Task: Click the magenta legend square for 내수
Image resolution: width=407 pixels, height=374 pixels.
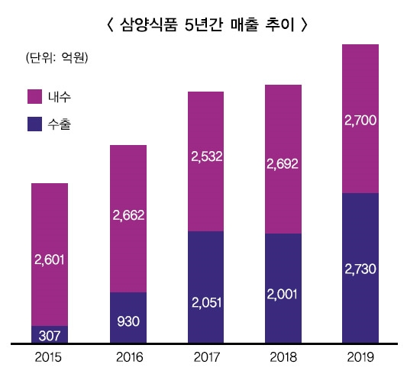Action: coord(34,96)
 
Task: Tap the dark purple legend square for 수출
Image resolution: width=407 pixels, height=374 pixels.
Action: coord(34,122)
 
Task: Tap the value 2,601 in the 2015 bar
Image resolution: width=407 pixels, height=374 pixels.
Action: coord(50,260)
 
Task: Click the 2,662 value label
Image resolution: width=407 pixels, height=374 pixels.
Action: coord(128,216)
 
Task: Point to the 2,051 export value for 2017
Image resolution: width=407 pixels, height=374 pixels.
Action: coord(205,302)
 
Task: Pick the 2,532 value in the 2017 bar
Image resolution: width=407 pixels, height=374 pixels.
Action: coord(205,158)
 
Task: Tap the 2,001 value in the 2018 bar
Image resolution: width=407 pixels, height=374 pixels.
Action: coord(283,295)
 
